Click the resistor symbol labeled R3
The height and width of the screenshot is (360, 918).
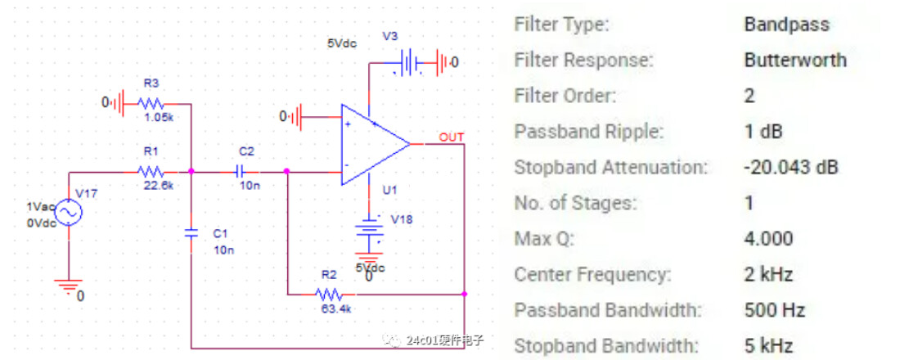[x=151, y=104]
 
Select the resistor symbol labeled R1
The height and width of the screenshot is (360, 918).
[x=151, y=172]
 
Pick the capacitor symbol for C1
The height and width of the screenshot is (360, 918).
[x=191, y=233]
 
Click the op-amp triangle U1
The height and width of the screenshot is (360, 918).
[x=372, y=142]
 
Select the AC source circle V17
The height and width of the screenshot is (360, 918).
[x=68, y=214]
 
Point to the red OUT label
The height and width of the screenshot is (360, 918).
[x=452, y=136]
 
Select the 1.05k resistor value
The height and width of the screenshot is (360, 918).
[x=159, y=117]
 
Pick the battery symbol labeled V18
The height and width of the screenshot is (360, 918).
[x=373, y=237]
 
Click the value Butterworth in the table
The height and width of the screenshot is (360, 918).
[x=794, y=60]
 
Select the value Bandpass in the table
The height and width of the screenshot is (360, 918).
[x=786, y=24]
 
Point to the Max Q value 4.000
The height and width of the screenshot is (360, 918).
[x=768, y=238]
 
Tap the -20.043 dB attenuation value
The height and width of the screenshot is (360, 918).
[x=790, y=167]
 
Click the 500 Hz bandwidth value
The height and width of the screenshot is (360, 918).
[x=774, y=309]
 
